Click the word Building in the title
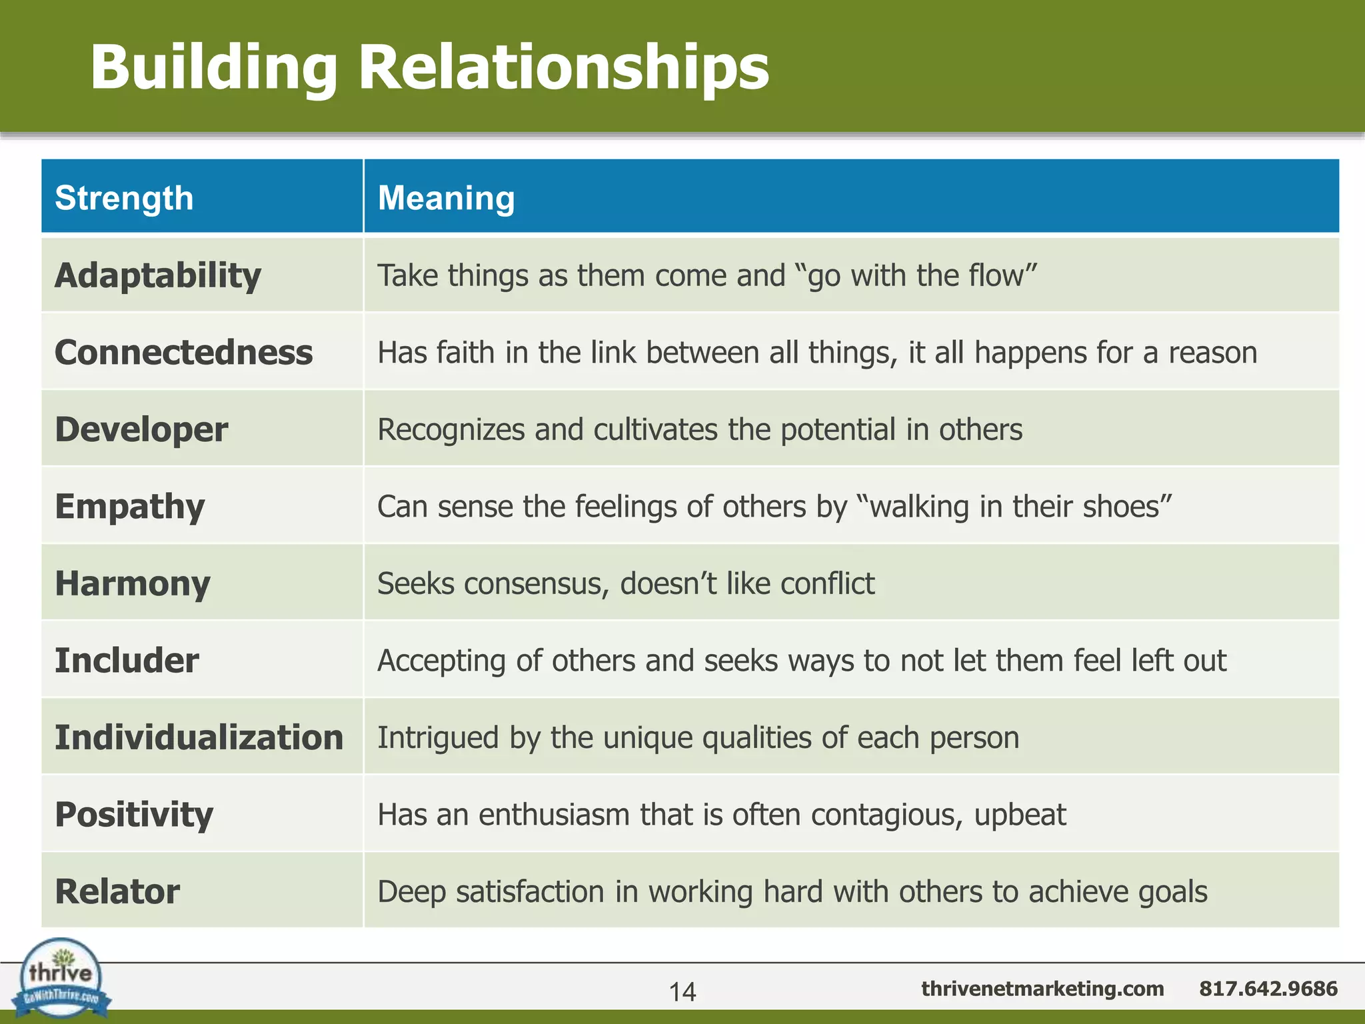214,68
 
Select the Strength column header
124,198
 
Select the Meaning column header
446,198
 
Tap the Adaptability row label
158,275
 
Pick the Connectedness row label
183,352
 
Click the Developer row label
141,429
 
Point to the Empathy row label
130,507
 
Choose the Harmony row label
133,583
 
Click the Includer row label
127,661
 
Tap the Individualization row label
199,737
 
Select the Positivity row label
134,815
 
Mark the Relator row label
117,892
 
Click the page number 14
682,992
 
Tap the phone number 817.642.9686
1268,988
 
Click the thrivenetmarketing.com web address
1042,988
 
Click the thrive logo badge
61,977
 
